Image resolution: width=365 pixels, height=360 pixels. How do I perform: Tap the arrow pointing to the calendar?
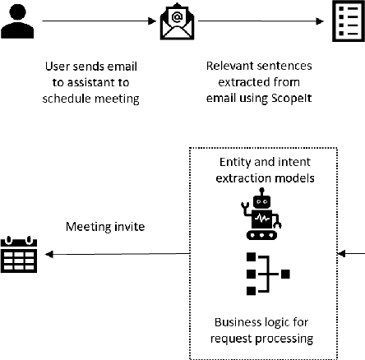[x=115, y=255]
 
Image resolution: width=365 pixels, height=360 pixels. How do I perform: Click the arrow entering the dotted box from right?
[x=351, y=255]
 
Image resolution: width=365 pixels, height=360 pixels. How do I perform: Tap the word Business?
[x=238, y=321]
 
